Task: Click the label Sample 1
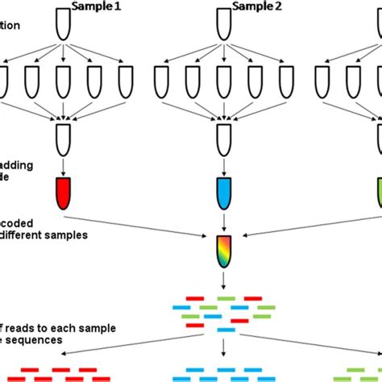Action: click(96, 6)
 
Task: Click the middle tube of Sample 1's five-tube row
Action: click(63, 81)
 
